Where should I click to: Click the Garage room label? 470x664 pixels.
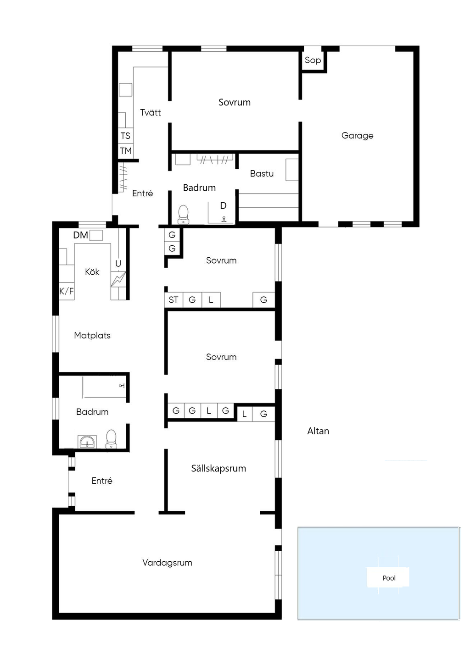coord(357,136)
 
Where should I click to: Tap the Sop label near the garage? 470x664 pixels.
coord(313,60)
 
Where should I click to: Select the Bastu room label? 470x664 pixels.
coord(262,173)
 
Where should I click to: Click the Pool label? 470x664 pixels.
coord(389,578)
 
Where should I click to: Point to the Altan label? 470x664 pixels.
coord(318,431)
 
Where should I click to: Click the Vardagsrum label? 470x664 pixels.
coord(168,563)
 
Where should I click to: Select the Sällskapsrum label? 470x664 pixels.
coord(218,468)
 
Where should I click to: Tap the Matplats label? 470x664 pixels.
coord(92,336)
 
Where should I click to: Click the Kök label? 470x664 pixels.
coord(92,272)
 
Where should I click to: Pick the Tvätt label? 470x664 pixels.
coord(151,112)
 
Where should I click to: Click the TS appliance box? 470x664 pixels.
coord(125,136)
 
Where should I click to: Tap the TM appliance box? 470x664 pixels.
coord(125,151)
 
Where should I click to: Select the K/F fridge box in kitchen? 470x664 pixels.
coord(67,291)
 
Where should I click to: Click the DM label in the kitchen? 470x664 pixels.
coord(80,235)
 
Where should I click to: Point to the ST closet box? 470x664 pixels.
coord(173,300)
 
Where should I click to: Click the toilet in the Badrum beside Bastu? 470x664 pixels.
coord(184,215)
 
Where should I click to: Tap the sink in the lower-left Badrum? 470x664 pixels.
coord(87,442)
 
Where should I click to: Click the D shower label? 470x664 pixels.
coord(223,205)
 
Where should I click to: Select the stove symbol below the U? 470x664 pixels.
coord(118,279)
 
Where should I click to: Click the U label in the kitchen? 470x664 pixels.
coord(118,264)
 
